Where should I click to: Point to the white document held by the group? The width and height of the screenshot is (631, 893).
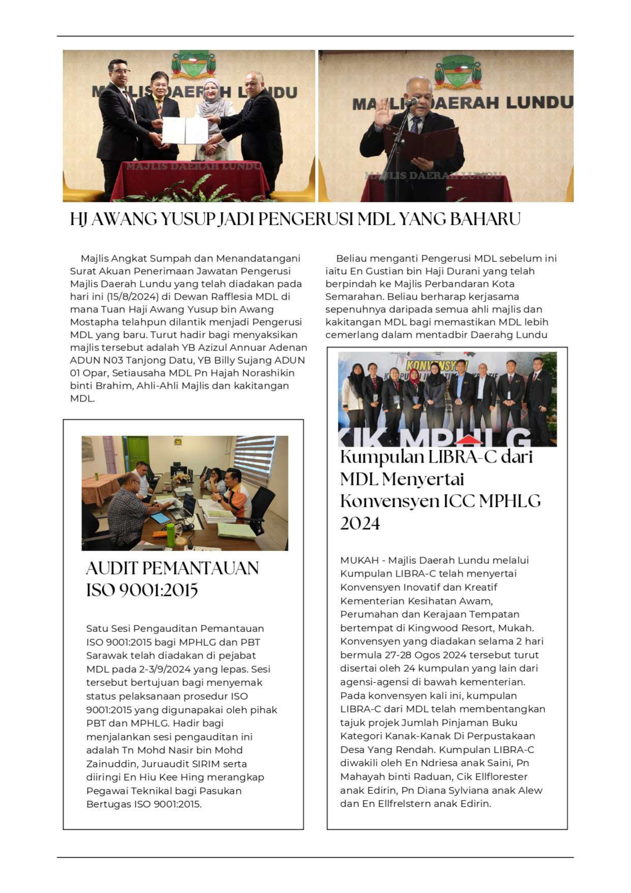(x=185, y=130)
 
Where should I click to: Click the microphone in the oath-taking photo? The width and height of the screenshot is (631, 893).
(x=411, y=102)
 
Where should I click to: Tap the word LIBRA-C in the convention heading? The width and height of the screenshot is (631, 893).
(x=462, y=457)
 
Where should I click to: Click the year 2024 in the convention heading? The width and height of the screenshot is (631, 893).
(x=360, y=524)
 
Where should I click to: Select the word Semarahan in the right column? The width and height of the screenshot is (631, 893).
(x=351, y=297)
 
